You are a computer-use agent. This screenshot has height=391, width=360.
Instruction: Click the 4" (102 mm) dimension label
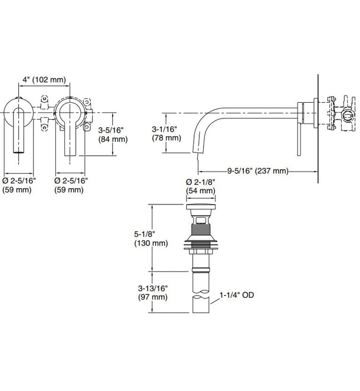(x=43, y=80)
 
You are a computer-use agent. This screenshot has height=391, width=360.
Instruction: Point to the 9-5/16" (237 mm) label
(x=257, y=170)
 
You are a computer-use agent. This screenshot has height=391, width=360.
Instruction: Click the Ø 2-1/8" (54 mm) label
(x=200, y=187)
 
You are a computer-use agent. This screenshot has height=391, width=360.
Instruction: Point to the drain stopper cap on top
(x=200, y=210)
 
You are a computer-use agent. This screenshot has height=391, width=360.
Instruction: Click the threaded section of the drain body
(x=200, y=230)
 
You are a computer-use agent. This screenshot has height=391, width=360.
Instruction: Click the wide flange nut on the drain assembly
(x=200, y=244)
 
